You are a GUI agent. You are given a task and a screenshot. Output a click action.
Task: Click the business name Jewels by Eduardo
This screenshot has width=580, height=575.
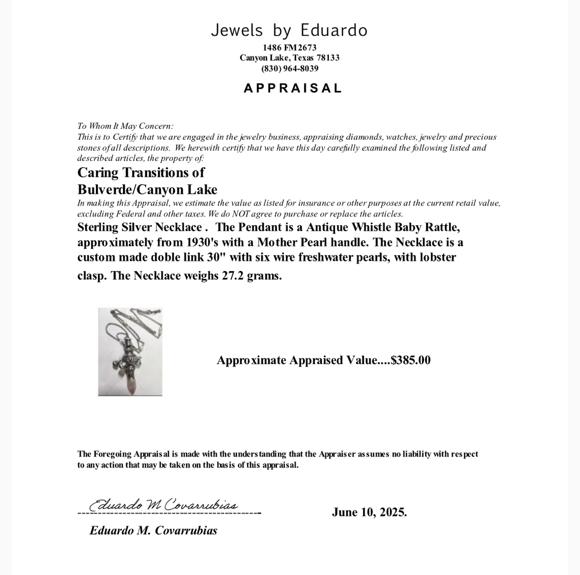click(x=289, y=30)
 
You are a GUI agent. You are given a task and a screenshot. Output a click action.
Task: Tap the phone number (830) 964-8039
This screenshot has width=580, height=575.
click(x=290, y=69)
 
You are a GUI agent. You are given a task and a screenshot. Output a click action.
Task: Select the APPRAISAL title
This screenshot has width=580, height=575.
click(x=292, y=88)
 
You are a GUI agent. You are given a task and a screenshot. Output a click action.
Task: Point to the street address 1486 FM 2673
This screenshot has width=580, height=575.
click(x=289, y=47)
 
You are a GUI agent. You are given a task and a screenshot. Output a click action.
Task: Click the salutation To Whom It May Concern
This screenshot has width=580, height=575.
click(x=125, y=126)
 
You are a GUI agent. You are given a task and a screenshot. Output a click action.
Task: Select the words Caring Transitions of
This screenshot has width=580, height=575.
click(x=141, y=172)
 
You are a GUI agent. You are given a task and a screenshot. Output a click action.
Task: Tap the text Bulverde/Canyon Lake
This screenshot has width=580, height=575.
click(x=147, y=190)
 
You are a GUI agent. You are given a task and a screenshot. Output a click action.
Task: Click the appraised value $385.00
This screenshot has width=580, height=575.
click(x=411, y=360)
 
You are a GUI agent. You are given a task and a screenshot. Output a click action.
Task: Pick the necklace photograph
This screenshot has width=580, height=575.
click(x=130, y=351)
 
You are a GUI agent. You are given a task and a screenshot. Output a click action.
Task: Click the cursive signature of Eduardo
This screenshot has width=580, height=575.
click(x=164, y=504)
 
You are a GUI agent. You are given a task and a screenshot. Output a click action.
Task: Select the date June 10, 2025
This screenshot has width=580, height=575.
click(x=369, y=512)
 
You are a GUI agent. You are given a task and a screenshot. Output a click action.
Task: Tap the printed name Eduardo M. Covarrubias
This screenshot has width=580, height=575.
click(x=153, y=530)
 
